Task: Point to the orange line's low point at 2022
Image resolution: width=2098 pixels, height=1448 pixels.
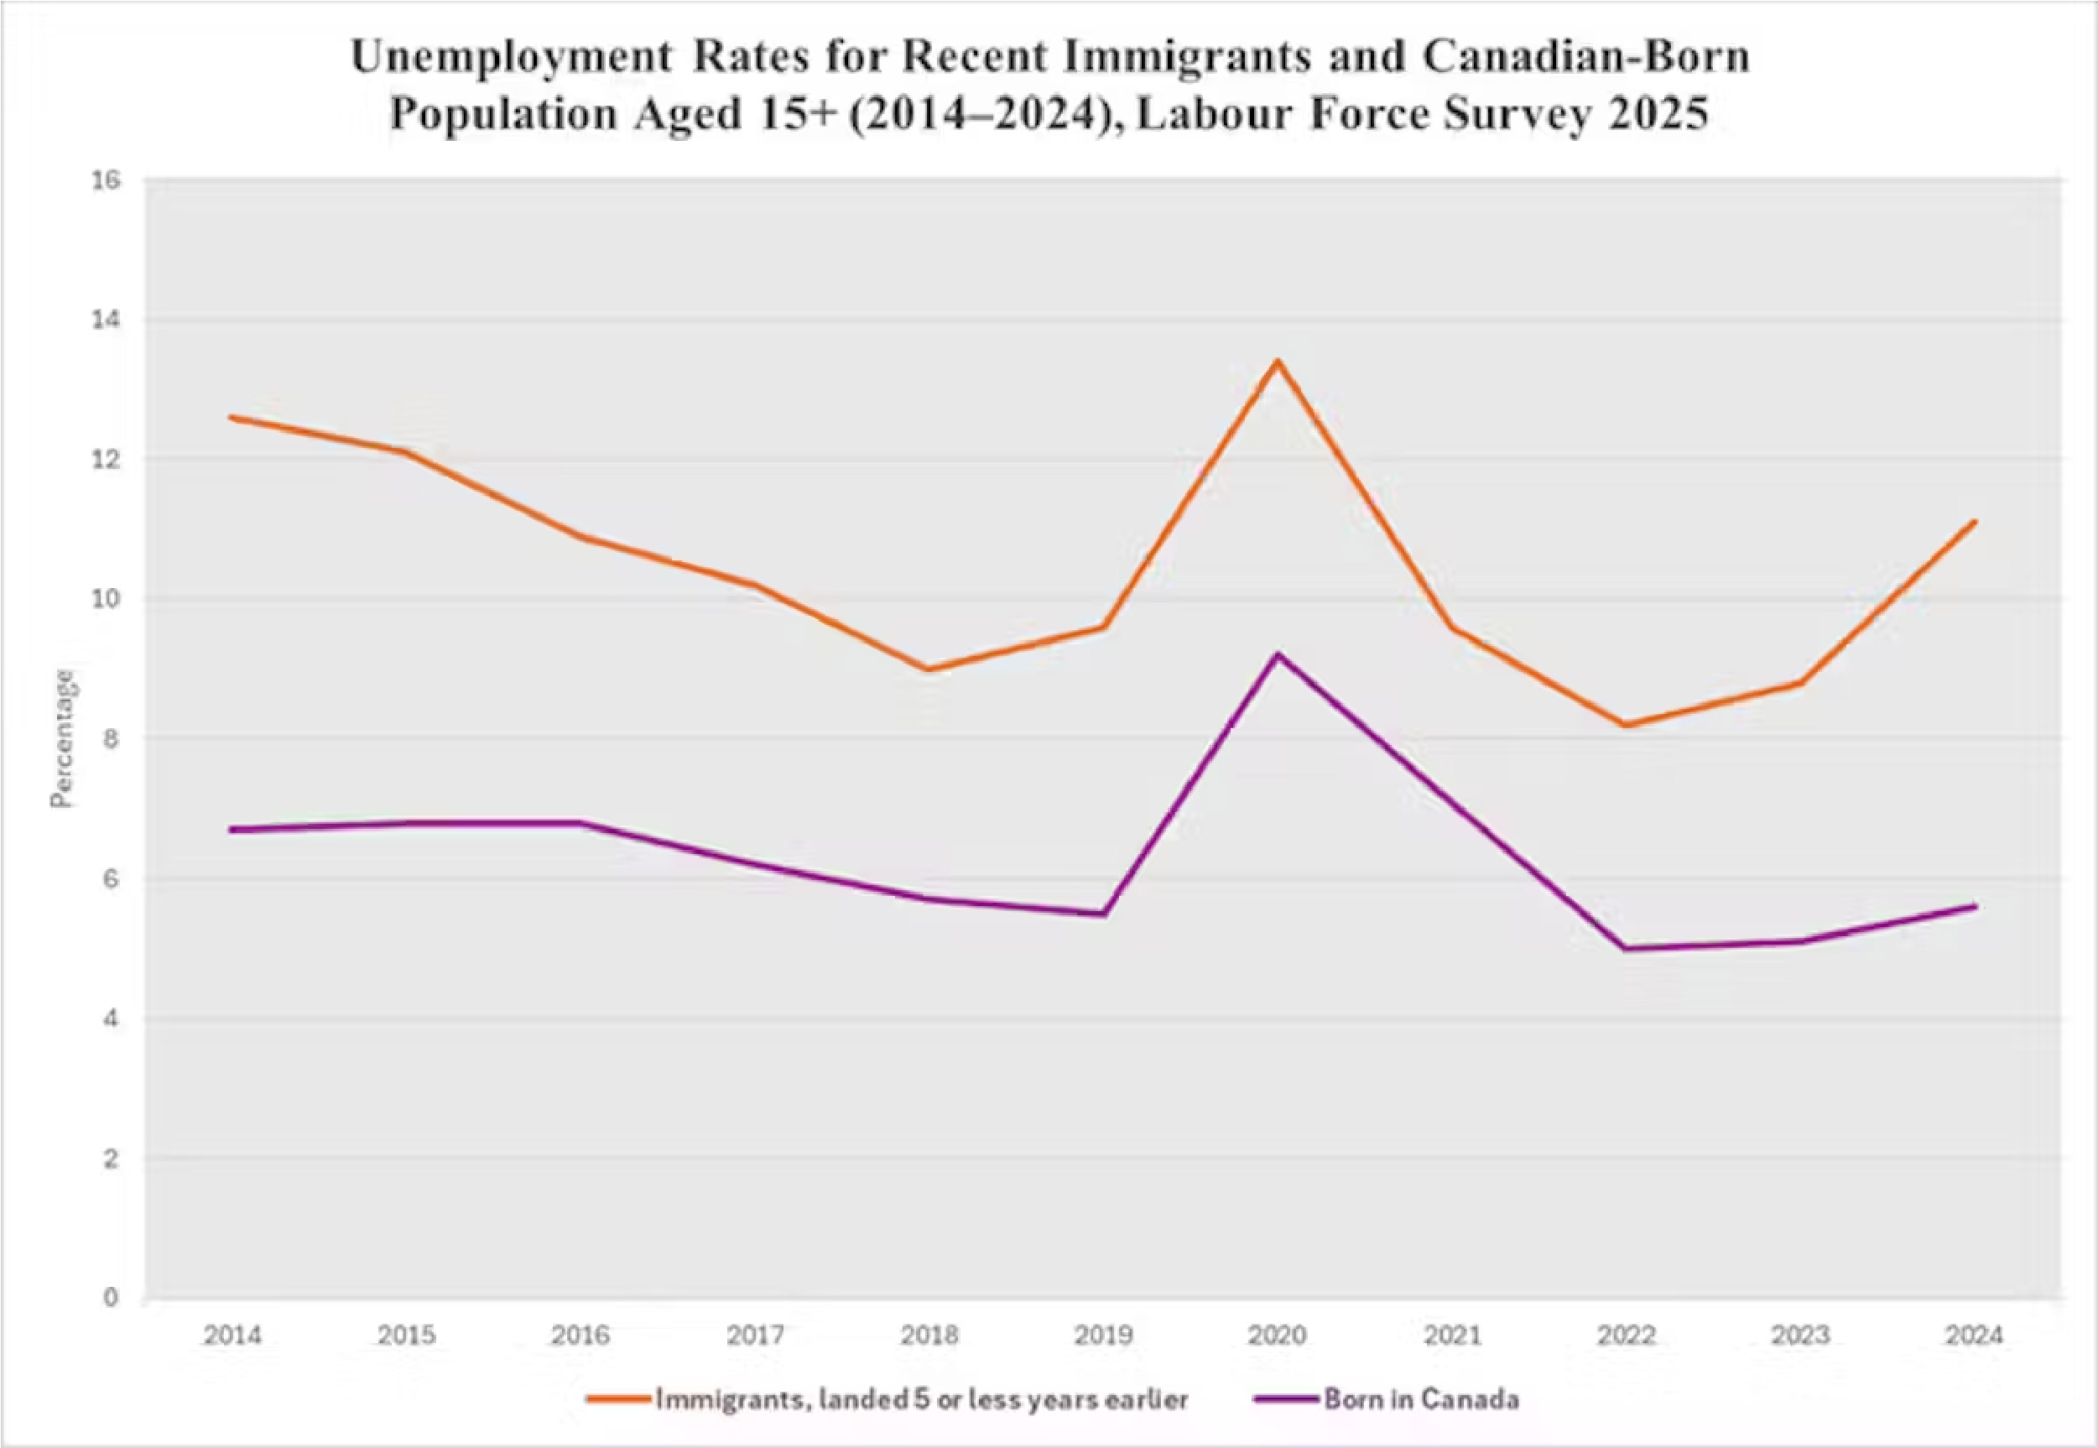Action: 1627,725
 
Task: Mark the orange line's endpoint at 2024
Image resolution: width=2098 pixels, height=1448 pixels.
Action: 1975,522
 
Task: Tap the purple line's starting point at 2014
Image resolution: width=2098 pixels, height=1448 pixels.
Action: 233,829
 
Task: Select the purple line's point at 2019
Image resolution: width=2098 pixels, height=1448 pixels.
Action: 1104,914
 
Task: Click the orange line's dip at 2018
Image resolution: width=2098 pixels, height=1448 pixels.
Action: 928,669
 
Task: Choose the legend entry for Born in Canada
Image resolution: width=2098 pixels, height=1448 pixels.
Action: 1420,1399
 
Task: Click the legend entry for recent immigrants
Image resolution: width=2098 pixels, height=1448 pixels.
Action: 920,1399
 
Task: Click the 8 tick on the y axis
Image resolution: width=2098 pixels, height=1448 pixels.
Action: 110,738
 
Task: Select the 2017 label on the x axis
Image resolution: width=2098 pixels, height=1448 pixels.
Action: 755,1336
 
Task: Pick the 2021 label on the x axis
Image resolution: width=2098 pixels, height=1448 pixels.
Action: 1451,1336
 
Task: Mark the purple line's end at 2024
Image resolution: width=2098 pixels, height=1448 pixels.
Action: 1975,906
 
